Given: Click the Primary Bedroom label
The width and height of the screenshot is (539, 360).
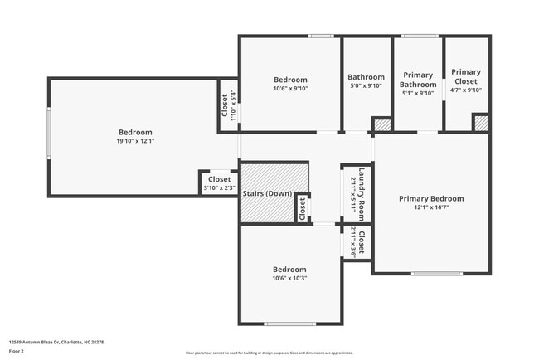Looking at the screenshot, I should pyautogui.click(x=430, y=198).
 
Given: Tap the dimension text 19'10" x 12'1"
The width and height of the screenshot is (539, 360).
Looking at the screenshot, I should pyautogui.click(x=135, y=141).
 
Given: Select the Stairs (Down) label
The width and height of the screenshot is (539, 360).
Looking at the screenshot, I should pyautogui.click(x=267, y=193).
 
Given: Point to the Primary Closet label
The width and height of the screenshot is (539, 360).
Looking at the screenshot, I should pyautogui.click(x=465, y=76).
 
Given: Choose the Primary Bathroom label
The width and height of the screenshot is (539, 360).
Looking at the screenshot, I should pyautogui.click(x=417, y=80).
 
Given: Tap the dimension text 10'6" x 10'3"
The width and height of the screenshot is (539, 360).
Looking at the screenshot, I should pyautogui.click(x=290, y=278).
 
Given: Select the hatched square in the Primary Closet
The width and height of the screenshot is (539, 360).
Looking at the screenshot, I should pyautogui.click(x=480, y=123).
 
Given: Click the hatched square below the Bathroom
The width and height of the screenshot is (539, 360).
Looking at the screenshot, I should pyautogui.click(x=381, y=124).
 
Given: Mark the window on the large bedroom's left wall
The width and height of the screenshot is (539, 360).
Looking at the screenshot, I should pyautogui.click(x=48, y=136).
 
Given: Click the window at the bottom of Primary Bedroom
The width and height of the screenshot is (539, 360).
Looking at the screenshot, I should pyautogui.click(x=436, y=273).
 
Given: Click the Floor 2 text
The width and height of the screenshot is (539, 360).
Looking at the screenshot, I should pyautogui.click(x=17, y=352).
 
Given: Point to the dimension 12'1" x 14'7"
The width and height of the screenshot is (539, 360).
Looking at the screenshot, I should pyautogui.click(x=430, y=207).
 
